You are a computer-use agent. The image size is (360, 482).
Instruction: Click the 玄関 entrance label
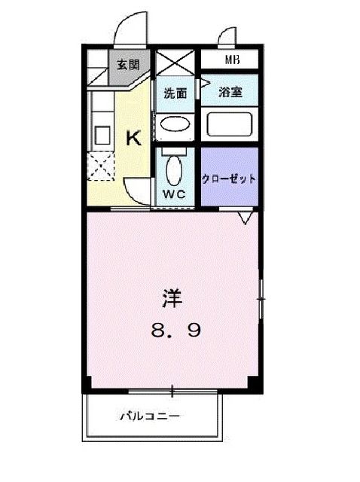[x=127, y=64]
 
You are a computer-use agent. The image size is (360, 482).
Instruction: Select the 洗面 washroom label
[x=176, y=94]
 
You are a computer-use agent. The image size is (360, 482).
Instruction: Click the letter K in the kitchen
[x=133, y=138]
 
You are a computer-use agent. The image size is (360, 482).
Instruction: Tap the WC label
[x=175, y=194]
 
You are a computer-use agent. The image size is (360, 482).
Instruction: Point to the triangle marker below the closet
[x=245, y=219]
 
